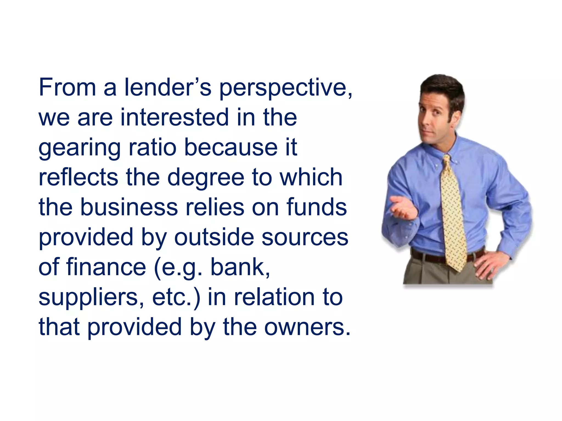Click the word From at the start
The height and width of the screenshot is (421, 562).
(68, 88)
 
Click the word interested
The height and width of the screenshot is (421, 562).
(175, 118)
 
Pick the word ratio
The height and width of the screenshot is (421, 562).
(153, 147)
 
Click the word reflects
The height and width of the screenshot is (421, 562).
(78, 177)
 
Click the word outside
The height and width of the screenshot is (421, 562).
(214, 237)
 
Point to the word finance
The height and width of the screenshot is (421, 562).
(106, 267)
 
